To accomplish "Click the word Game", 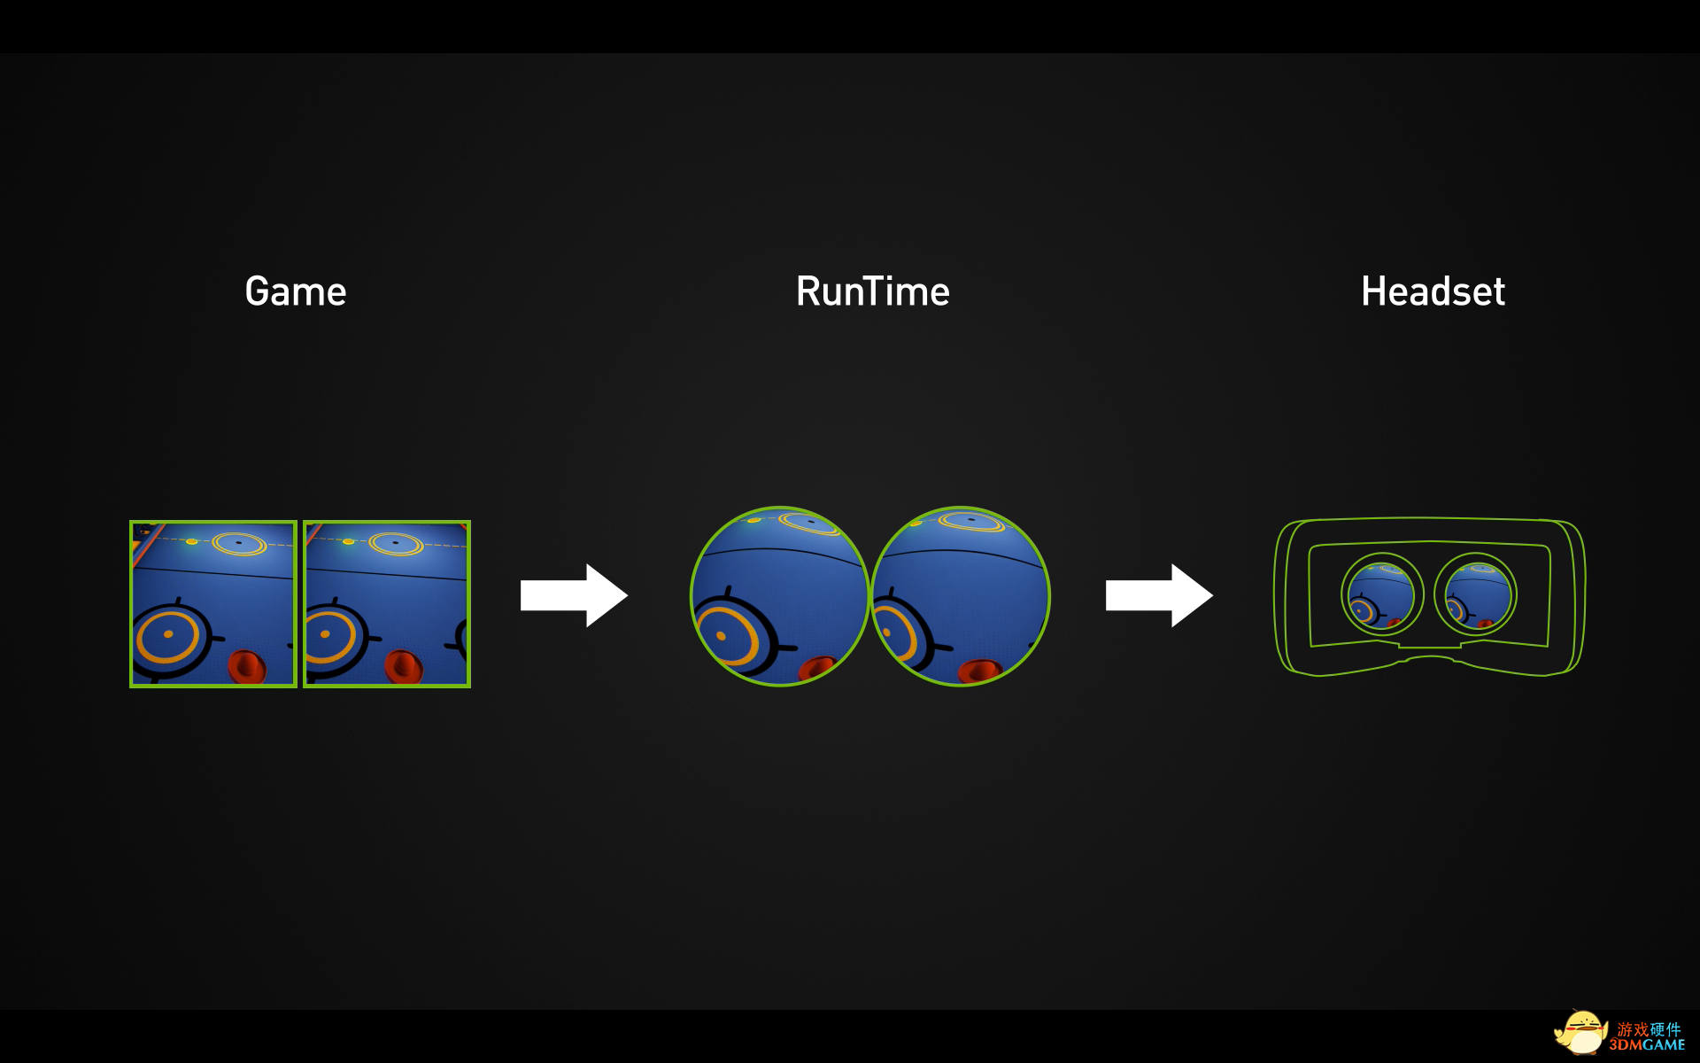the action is tap(296, 291).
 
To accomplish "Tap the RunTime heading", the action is tap(873, 291).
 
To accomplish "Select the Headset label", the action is tap(1433, 291).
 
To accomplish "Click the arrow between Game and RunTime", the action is tap(574, 595).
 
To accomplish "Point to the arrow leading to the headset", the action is tap(1159, 595).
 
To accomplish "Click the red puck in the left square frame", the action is tap(247, 666).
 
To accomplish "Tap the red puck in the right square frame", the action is tap(403, 666).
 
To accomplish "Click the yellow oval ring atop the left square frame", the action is tap(239, 542).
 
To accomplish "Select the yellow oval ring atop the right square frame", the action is tap(396, 542).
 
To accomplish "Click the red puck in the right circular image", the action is tap(978, 671).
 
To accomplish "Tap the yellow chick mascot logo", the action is tap(1581, 1033).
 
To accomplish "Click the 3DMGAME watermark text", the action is tap(1648, 1045).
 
